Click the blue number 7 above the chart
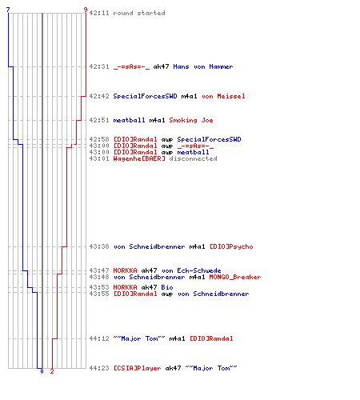(x=8, y=10)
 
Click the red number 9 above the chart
(x=86, y=10)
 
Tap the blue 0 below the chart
(x=42, y=371)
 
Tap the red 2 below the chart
(x=52, y=371)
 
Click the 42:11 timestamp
(x=99, y=13)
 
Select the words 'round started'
(x=139, y=13)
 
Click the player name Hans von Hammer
(x=203, y=66)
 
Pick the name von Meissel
(x=223, y=96)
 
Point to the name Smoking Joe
(x=191, y=120)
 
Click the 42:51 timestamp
(x=99, y=120)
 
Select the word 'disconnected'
(x=193, y=158)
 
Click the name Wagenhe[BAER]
(x=139, y=158)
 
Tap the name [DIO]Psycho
(x=231, y=246)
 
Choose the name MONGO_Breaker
(x=235, y=277)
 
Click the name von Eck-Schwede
(x=191, y=270)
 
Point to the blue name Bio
(x=167, y=287)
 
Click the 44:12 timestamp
(x=99, y=338)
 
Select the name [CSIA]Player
(x=137, y=368)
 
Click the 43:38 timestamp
(x=99, y=246)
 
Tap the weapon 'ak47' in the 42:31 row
(x=161, y=66)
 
